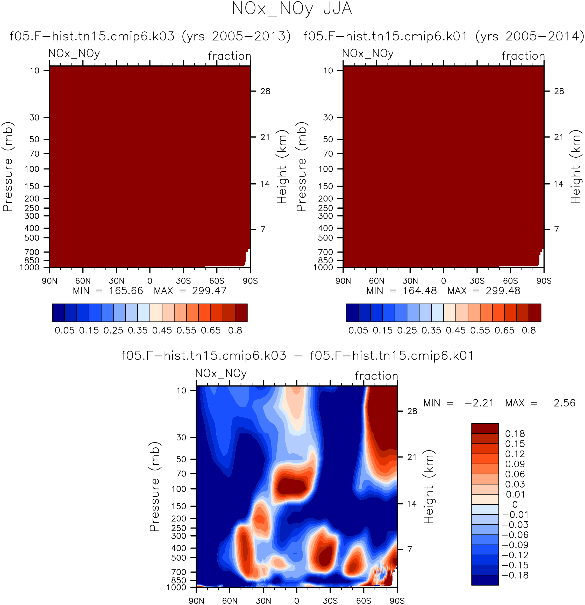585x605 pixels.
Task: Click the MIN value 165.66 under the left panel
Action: click(126, 291)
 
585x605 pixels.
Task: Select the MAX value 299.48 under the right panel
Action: click(503, 291)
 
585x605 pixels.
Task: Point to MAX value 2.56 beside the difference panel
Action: click(564, 403)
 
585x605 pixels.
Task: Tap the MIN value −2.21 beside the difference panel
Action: click(479, 403)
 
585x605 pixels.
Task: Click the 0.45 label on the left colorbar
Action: click(162, 330)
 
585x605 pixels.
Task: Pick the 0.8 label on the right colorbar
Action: click(529, 330)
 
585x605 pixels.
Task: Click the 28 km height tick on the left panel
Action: click(265, 91)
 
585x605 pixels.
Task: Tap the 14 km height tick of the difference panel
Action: click(412, 504)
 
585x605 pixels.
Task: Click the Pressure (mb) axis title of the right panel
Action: click(302, 167)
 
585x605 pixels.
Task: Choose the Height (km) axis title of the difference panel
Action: click(429, 487)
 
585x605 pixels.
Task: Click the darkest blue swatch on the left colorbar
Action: click(58, 313)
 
